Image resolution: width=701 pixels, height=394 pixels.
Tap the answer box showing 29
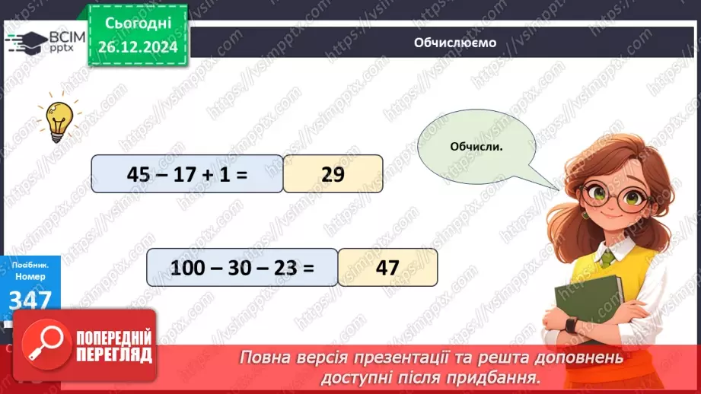click(333, 174)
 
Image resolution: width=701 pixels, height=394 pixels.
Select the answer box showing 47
click(387, 267)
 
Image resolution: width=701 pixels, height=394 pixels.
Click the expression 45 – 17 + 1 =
click(187, 174)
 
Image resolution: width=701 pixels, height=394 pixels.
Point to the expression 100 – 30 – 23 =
click(241, 267)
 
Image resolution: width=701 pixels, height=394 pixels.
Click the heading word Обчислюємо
click(455, 43)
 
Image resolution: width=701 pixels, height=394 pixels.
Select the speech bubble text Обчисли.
click(476, 146)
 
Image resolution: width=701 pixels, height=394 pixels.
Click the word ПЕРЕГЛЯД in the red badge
click(113, 354)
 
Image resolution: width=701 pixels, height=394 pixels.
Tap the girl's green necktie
click(607, 257)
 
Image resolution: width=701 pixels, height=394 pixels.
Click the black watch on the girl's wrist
click(571, 326)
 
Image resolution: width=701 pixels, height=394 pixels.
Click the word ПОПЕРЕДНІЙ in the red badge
click(113, 338)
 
